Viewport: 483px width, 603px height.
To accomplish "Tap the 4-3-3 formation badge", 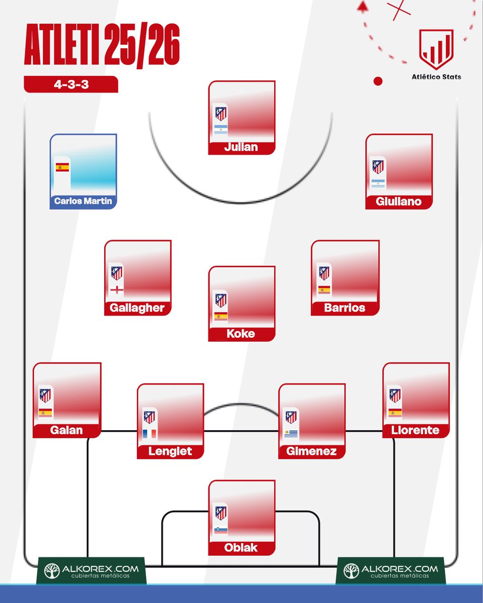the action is [x=71, y=84].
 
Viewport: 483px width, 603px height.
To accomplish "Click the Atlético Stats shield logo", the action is [x=437, y=49].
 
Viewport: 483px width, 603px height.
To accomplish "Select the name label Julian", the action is [x=242, y=147].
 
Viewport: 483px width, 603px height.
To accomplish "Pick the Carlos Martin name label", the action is [x=83, y=202].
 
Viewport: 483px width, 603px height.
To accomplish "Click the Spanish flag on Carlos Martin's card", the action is [x=62, y=167].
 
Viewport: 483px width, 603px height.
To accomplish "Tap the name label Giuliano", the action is [x=398, y=202].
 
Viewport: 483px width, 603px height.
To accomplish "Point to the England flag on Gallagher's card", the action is [x=117, y=290].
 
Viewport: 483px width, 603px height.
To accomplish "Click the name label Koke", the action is [x=242, y=334].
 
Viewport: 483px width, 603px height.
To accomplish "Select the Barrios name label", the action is [x=345, y=308].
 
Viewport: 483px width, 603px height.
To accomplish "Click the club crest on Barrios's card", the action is [x=325, y=273].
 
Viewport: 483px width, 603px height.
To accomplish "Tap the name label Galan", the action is [x=66, y=430].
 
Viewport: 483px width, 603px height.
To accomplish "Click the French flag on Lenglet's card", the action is [x=149, y=434].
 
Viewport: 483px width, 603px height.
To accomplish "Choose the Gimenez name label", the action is [x=311, y=451].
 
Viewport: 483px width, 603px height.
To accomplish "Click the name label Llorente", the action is [x=415, y=430].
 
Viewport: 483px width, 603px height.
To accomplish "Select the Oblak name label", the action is [x=242, y=548].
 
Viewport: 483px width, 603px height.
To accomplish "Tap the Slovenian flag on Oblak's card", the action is [x=220, y=530].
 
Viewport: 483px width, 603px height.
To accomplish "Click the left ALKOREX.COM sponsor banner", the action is [x=91, y=571].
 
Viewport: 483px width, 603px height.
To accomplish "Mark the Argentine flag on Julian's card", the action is [x=221, y=130].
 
